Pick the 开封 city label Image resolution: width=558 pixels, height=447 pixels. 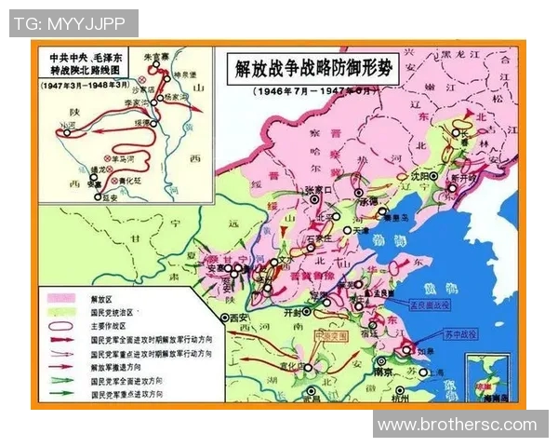tap(291, 314)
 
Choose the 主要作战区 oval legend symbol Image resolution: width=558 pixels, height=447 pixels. tap(60, 327)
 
